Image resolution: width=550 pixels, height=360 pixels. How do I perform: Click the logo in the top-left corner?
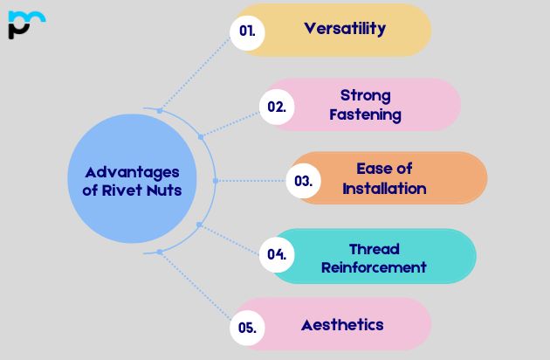pos(26,24)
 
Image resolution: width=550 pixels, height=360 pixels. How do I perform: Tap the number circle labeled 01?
pos(247,30)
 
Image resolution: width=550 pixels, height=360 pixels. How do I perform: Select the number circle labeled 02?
pos(277,107)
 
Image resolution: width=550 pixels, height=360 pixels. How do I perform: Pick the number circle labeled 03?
pos(303,181)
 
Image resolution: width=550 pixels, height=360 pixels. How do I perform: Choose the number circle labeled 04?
pos(277,255)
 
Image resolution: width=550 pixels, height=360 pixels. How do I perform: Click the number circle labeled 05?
pos(247,328)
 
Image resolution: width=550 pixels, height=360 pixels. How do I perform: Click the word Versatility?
pos(345,28)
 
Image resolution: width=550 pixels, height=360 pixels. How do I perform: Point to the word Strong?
pos(365,94)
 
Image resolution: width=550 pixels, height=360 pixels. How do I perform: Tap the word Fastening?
pos(365,114)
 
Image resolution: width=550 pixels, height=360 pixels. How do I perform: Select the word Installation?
pos(384,189)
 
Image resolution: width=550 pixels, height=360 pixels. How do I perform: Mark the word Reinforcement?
pos(374,267)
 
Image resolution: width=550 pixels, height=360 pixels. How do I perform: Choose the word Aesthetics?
pos(342,324)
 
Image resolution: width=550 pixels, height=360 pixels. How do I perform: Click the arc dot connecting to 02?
pos(201,136)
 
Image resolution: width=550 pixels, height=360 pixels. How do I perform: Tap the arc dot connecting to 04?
pos(199,225)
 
